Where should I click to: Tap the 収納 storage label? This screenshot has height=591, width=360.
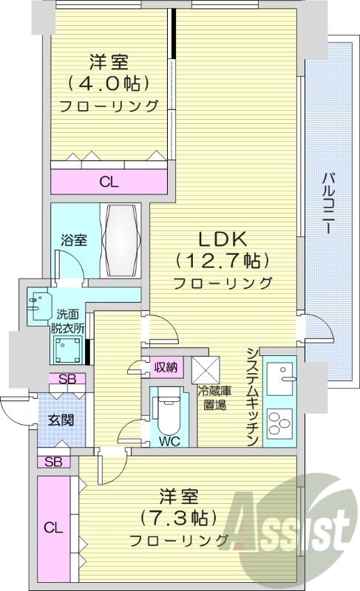(x=166, y=367)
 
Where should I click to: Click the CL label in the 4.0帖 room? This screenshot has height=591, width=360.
(x=109, y=182)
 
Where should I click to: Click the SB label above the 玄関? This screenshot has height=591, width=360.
(x=67, y=380)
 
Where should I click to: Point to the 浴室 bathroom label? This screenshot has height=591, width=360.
(x=74, y=240)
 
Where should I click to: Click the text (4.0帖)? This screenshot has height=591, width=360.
(x=109, y=81)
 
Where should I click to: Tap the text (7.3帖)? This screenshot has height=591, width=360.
(x=178, y=515)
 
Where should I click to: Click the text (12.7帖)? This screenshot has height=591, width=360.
(x=223, y=260)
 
